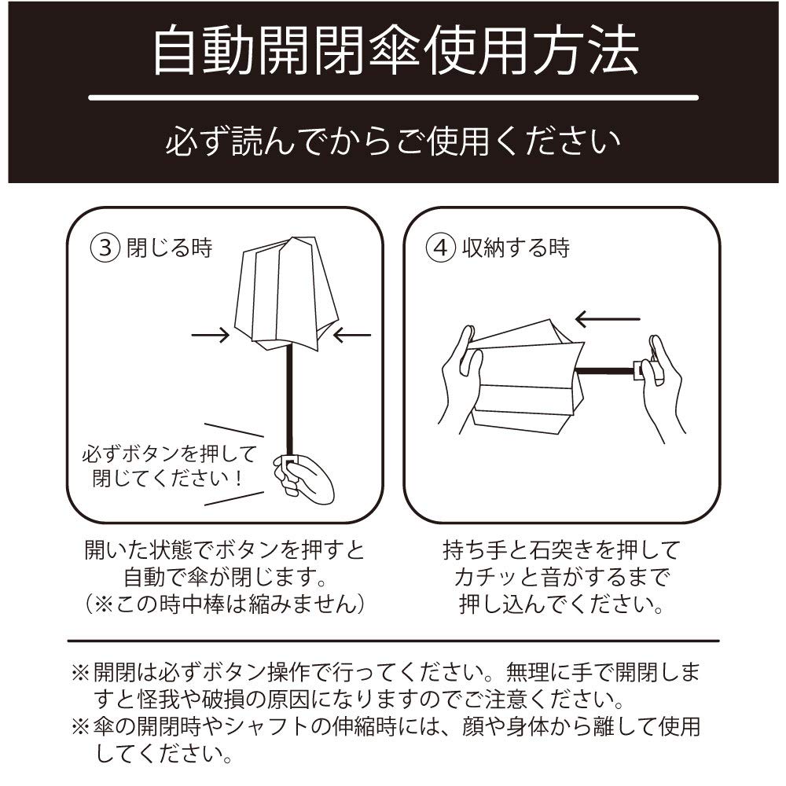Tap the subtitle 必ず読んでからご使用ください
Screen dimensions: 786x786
tap(393, 142)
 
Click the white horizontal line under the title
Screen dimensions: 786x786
tap(393, 98)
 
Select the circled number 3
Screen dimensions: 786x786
tap(105, 248)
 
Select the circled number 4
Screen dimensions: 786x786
tap(441, 248)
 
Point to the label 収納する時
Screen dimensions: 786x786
tap(515, 248)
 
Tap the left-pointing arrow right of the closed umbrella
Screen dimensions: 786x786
tap(351, 336)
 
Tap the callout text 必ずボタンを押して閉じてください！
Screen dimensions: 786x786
tap(168, 465)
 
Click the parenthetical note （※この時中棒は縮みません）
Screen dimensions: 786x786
tap(225, 604)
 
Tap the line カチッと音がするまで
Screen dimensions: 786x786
tap(560, 578)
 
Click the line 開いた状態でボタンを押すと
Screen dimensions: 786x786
tap(225, 550)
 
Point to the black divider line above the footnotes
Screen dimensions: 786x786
tap(393, 641)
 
